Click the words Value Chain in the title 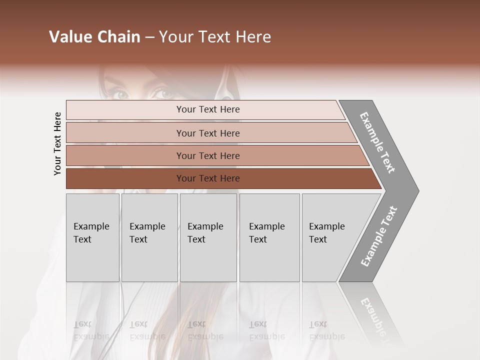pyautogui.click(x=94, y=37)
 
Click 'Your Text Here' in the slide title pyautogui.click(x=215, y=37)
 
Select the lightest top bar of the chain pyautogui.click(x=207, y=109)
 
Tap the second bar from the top pyautogui.click(x=207, y=133)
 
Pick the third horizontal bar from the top pyautogui.click(x=207, y=155)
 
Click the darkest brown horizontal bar pyautogui.click(x=207, y=178)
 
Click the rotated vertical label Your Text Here pyautogui.click(x=57, y=143)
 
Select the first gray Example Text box pyautogui.click(x=92, y=237)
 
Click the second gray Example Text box pyautogui.click(x=149, y=237)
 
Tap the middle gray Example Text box pyautogui.click(x=208, y=237)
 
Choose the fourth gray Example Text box pyautogui.click(x=269, y=237)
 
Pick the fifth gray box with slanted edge pyautogui.click(x=330, y=237)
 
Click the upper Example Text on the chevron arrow pyautogui.click(x=377, y=142)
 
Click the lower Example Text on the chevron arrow pyautogui.click(x=379, y=236)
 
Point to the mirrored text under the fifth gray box pyautogui.click(x=326, y=330)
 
